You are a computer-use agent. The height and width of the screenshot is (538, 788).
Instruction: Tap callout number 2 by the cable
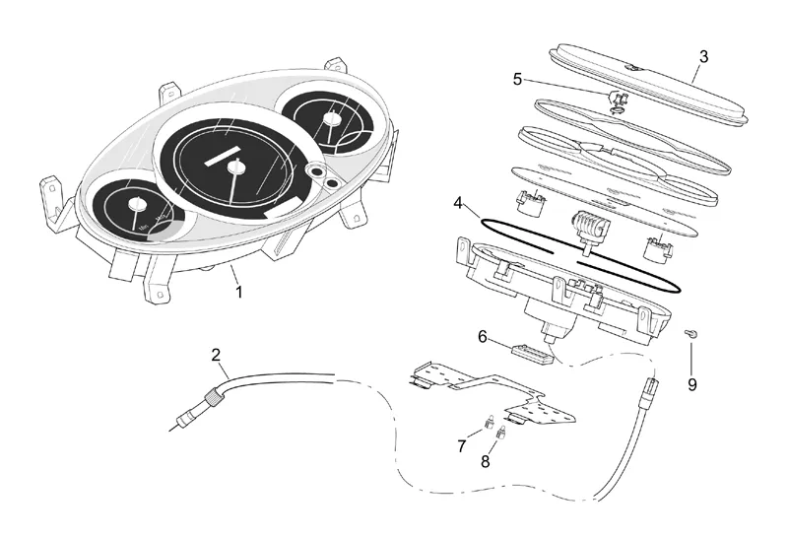coord(217,355)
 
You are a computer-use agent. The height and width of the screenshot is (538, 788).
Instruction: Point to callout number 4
coord(458,204)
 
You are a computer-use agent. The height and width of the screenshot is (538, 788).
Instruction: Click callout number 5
coord(517,78)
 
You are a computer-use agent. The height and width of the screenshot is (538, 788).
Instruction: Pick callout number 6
coord(483,336)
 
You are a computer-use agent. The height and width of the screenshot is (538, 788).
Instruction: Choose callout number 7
coord(462,446)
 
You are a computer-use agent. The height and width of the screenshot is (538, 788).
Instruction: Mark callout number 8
coord(486,460)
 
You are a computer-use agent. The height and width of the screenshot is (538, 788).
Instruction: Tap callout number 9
coord(691,384)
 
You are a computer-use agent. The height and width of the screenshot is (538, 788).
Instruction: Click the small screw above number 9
coord(692,335)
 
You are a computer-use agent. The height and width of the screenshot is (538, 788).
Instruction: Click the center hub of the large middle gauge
coord(235,168)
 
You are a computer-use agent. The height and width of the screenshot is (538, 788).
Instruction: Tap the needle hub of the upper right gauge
coord(328,117)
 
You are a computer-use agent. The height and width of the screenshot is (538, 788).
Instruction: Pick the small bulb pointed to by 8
coord(500,433)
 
